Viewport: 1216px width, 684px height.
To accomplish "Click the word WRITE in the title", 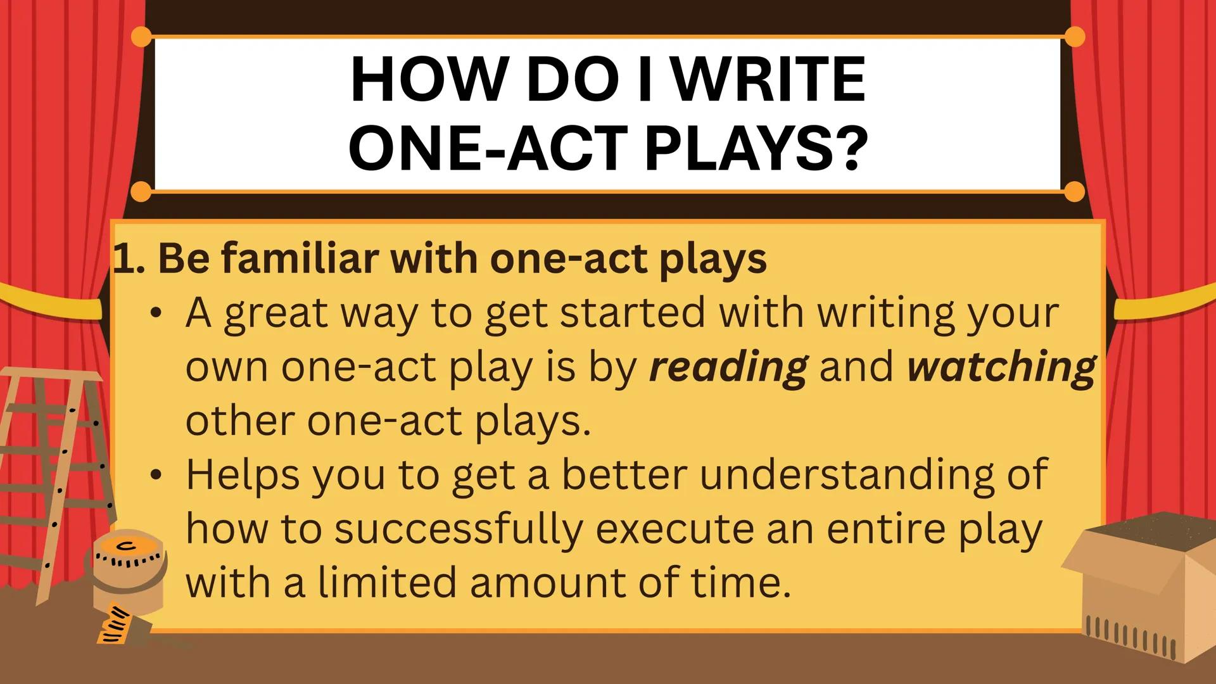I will click(x=768, y=80).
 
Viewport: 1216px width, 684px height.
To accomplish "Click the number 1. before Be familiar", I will click(x=129, y=259).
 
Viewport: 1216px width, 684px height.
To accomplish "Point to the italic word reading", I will click(x=728, y=367).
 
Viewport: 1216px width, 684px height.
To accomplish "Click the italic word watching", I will click(x=1001, y=367).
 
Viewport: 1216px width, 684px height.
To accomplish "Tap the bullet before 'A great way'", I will click(x=156, y=314).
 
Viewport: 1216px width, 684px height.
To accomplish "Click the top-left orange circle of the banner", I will click(x=142, y=37).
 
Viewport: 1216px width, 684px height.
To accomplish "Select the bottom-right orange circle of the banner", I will click(x=1074, y=191).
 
